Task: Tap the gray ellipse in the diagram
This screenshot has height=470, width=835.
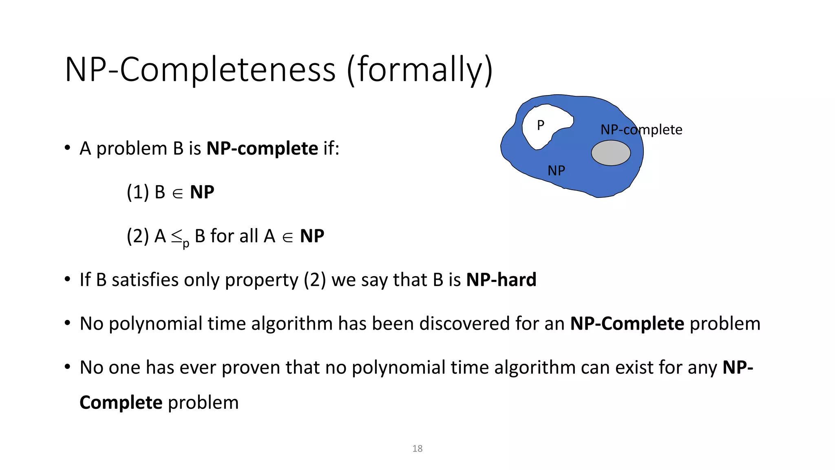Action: [x=611, y=153]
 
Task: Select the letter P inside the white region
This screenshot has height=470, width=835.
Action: [x=541, y=125]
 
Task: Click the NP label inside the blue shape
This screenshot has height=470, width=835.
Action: [x=556, y=171]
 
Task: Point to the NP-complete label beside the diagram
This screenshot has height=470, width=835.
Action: [x=641, y=130]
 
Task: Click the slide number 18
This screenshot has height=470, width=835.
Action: [x=417, y=448]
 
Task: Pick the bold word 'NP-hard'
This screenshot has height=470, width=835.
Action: [x=501, y=280]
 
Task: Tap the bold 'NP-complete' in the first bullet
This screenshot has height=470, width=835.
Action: [x=262, y=149]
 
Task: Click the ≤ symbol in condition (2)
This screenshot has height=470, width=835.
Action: [x=177, y=236]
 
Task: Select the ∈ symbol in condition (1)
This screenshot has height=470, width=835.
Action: [x=177, y=193]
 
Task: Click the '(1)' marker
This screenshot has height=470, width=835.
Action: [x=137, y=192]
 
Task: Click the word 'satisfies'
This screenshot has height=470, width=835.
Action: [x=145, y=280]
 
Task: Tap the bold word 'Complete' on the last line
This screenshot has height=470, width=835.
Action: [x=121, y=403]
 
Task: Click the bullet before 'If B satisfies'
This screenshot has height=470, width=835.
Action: [x=68, y=280]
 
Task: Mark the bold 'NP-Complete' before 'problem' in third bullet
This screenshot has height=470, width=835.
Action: [x=627, y=324]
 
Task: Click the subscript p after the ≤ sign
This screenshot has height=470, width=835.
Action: [x=186, y=244]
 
